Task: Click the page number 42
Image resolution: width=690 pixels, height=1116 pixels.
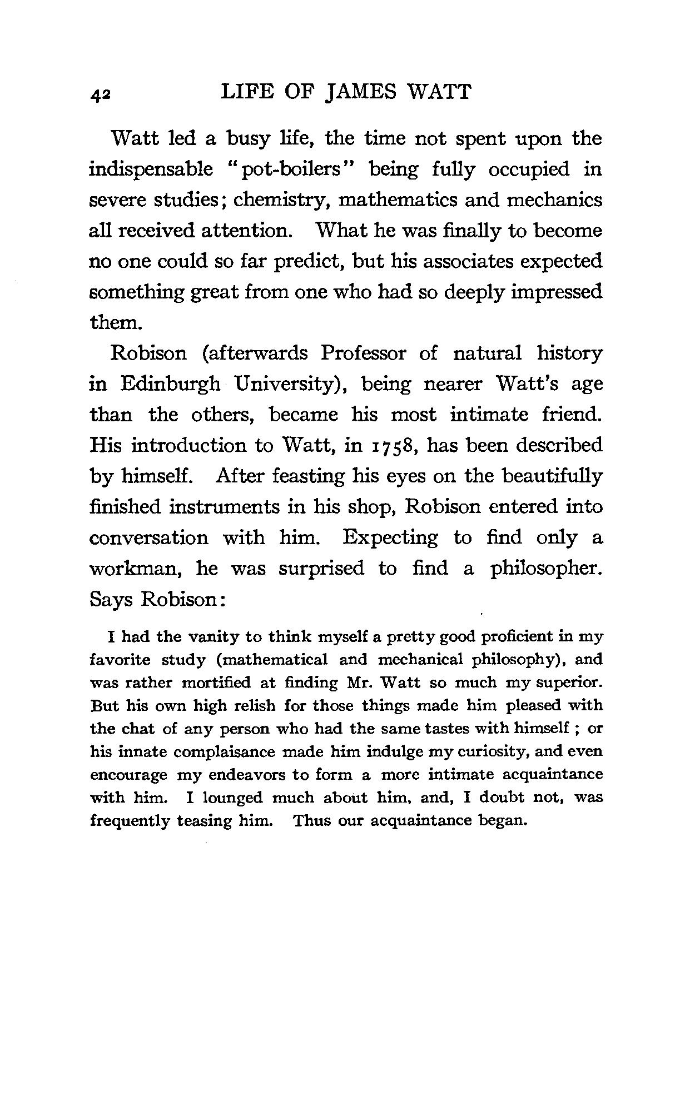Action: [x=101, y=95]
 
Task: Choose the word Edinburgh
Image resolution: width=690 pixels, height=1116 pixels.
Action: [x=170, y=384]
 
